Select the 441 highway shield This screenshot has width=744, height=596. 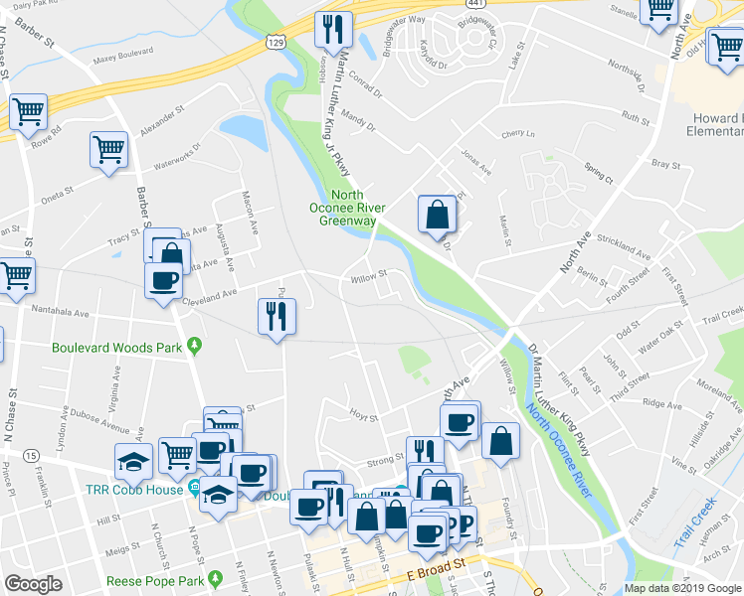(x=477, y=5)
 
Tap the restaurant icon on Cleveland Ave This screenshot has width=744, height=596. (x=276, y=316)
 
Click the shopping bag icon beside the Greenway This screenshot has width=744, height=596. (x=437, y=213)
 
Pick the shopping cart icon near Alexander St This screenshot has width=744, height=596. (x=108, y=150)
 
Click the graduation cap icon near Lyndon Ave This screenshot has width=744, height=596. (x=133, y=461)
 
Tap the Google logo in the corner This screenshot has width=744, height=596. (x=33, y=584)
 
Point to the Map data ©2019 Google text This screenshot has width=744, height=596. (x=682, y=588)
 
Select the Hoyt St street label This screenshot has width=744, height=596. (x=360, y=411)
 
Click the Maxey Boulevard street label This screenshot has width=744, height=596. (x=123, y=58)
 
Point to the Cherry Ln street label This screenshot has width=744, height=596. (x=518, y=134)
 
